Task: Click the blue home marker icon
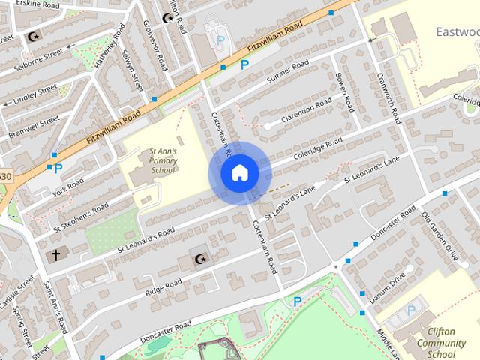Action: click(x=239, y=173)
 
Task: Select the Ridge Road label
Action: click(x=163, y=286)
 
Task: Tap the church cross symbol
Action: click(x=54, y=255)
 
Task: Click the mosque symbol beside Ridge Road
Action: click(x=199, y=259)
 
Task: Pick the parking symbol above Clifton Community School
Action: click(x=410, y=310)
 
